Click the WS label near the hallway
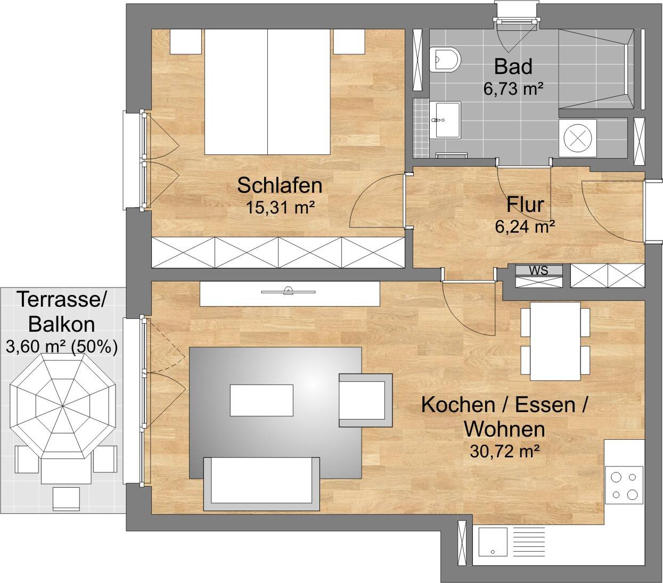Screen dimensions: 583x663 (x=538, y=270)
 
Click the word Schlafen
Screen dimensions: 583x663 (x=280, y=185)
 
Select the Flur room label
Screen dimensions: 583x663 (x=525, y=204)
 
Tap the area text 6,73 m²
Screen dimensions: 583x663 (x=513, y=89)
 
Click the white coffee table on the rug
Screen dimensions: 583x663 (x=261, y=400)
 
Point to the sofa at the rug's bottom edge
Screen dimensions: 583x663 (x=262, y=483)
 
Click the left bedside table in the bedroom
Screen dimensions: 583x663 (x=186, y=42)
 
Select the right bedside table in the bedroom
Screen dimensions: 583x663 (x=349, y=42)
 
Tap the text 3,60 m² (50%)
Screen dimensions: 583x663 (x=61, y=347)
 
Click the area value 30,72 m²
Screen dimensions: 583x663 (x=503, y=451)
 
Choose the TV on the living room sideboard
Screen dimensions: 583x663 (x=288, y=291)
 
